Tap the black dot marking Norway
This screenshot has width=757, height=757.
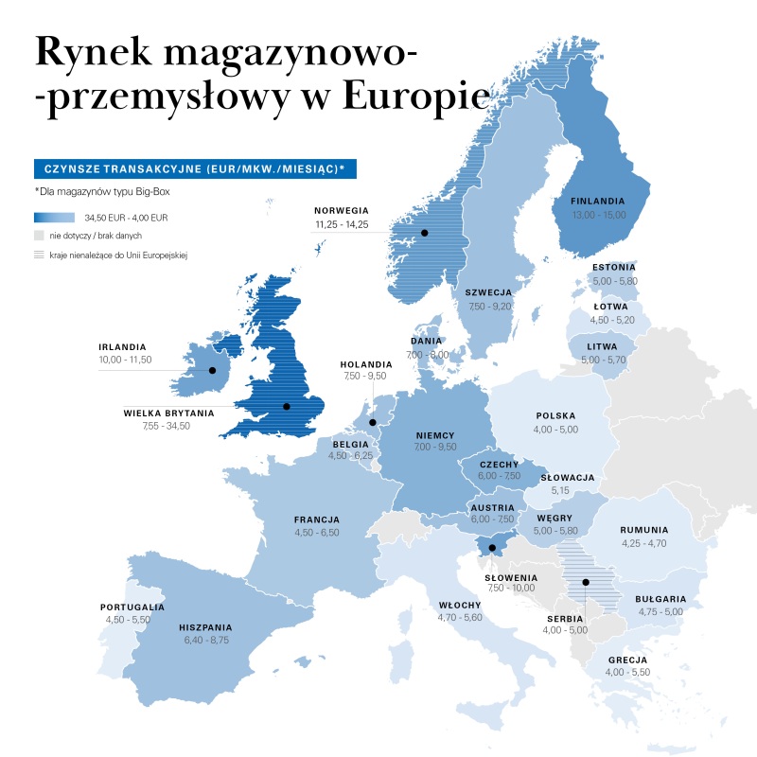[425, 233]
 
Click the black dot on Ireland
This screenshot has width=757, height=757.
[212, 371]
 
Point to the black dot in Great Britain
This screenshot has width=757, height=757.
[286, 407]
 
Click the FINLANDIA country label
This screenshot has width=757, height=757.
[598, 201]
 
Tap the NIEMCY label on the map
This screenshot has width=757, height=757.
[435, 435]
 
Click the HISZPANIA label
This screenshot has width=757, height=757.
[205, 627]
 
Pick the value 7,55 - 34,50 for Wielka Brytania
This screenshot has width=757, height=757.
[157, 426]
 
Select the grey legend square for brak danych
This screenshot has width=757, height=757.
[39, 235]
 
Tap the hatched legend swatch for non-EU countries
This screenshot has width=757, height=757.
[39, 255]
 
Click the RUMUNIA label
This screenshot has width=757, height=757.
[644, 531]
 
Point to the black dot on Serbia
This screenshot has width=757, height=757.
[586, 582]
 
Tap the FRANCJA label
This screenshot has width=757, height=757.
[316, 519]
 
